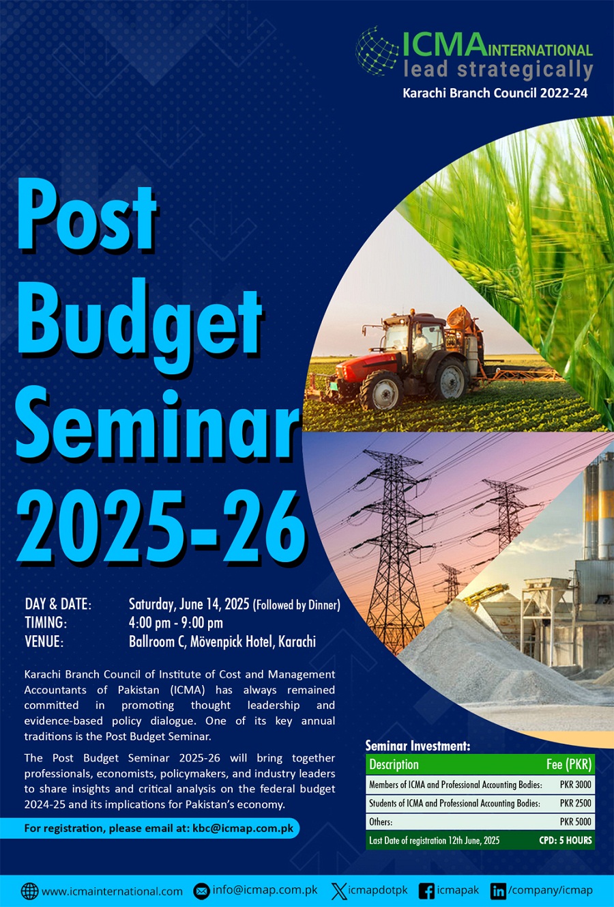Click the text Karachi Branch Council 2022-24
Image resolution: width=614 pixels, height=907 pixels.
[x=495, y=93]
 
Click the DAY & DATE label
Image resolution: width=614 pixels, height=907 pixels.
[x=58, y=604]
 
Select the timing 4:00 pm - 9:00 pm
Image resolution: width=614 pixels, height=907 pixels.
[x=175, y=623]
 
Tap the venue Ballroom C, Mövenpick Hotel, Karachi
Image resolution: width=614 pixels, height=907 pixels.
[x=222, y=642]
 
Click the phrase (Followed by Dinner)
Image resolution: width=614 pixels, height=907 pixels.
[x=297, y=605]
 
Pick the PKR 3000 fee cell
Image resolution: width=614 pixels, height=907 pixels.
[x=576, y=784]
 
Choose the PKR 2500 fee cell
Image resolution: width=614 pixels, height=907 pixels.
[x=576, y=803]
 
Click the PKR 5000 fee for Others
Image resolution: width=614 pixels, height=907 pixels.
[x=576, y=822]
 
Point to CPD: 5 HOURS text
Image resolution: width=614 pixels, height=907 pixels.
[x=566, y=840]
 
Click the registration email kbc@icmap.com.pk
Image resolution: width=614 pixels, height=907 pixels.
[x=243, y=828]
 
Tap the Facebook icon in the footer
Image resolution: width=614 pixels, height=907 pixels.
[x=426, y=891]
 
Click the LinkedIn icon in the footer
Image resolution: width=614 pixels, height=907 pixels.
[x=498, y=891]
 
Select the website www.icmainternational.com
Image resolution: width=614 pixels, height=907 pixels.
[x=112, y=891]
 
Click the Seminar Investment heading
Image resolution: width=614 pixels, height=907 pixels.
[x=418, y=746]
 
